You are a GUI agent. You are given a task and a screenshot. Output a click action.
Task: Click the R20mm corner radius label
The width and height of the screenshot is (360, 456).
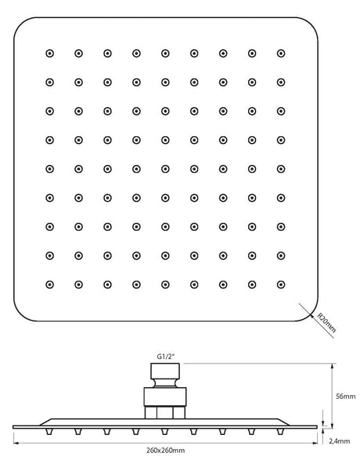coord(326,322)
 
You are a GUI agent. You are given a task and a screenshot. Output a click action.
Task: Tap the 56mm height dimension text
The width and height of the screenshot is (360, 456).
coord(345,397)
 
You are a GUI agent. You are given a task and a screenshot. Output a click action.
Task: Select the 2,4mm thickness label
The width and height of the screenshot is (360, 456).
coord(340,441)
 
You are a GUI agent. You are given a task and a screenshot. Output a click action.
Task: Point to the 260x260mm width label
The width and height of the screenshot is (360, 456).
coord(165,451)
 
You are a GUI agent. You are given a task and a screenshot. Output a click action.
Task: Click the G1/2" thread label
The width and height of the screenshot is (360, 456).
coord(166,357)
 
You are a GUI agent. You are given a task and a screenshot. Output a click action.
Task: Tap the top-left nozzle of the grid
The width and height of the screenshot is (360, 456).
coord(50,53)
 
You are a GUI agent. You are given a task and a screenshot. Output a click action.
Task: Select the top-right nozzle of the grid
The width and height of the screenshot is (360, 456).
coord(281,53)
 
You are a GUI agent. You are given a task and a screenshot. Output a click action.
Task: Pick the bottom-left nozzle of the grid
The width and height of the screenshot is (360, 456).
coord(50,285)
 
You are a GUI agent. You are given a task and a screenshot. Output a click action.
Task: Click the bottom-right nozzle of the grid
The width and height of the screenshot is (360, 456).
coord(281,285)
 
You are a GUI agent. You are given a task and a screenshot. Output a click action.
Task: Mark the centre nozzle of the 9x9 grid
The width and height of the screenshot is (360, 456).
coord(165,169)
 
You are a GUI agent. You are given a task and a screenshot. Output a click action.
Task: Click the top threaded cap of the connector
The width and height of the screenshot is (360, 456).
coord(165,371)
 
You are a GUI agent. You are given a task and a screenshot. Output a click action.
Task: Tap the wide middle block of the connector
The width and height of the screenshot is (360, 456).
coord(165,397)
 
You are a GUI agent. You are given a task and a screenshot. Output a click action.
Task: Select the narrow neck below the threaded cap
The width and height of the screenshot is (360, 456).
coord(165,383)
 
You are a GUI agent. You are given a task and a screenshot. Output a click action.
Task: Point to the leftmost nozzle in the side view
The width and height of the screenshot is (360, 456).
coord(49,432)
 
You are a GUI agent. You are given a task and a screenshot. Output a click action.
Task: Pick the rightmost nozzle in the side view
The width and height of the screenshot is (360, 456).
coord(280,432)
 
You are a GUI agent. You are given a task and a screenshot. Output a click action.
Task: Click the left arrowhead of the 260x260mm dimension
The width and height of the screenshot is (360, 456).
coord(16,443)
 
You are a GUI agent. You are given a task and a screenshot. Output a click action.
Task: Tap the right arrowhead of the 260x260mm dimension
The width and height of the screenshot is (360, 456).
coord(315,443)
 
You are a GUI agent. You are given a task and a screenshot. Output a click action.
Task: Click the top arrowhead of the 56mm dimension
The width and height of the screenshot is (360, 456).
coord(332,366)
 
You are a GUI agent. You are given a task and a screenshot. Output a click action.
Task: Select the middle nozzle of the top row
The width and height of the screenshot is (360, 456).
coord(165,53)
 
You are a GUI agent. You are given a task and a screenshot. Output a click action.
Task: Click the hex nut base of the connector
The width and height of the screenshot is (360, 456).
coord(165,412)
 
